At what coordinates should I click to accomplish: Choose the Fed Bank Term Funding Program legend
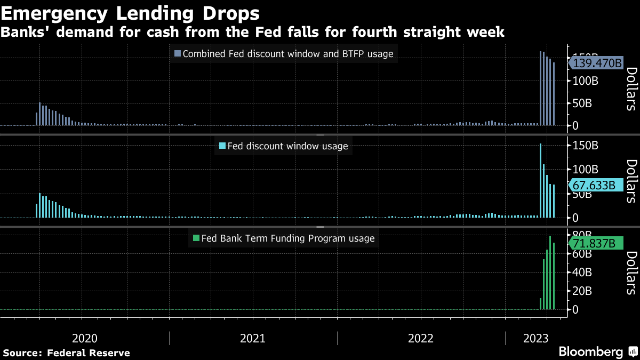pos(283,238)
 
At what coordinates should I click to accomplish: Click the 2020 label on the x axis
pos(84,338)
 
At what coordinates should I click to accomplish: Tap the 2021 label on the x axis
pos(253,338)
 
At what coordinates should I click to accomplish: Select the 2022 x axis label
pos(421,338)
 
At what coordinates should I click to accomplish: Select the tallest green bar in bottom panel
pos(550,273)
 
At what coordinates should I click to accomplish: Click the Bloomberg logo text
pos(590,352)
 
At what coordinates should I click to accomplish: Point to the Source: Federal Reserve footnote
pos(67,353)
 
